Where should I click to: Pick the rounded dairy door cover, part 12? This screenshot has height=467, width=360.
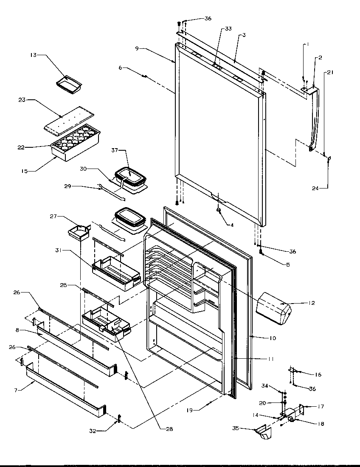(x=274, y=308)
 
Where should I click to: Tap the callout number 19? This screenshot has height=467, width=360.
(x=190, y=411)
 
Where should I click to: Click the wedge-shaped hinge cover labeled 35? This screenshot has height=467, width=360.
(x=262, y=434)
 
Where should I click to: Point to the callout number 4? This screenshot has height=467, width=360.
(x=232, y=225)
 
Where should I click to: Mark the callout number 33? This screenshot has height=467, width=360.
(x=228, y=29)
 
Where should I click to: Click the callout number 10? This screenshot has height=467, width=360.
(x=272, y=338)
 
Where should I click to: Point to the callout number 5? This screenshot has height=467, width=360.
(x=288, y=265)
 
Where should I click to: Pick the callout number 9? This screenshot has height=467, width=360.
(x=137, y=48)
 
